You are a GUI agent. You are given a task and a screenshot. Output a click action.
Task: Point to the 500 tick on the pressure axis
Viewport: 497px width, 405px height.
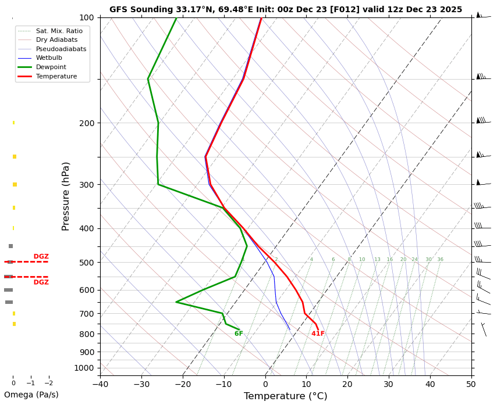[86, 263]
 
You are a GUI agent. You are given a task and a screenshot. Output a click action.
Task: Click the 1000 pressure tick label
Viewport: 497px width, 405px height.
[84, 368]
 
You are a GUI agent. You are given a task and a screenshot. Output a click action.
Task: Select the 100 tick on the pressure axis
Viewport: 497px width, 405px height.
[86, 17]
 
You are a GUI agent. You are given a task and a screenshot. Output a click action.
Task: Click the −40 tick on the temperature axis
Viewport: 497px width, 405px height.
[100, 384]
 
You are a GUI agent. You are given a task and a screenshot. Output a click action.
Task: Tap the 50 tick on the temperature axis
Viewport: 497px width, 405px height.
[471, 384]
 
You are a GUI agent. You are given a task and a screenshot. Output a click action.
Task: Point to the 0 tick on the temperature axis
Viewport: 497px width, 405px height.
[265, 384]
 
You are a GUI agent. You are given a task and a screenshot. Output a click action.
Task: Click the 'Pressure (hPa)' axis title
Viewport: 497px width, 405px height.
[66, 196]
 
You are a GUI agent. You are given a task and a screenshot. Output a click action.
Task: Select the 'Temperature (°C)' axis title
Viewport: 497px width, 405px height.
[285, 396]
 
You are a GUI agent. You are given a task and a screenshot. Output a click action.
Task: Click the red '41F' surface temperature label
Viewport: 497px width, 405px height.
[318, 334]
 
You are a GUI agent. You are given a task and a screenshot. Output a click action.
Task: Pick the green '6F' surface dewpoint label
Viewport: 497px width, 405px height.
[239, 334]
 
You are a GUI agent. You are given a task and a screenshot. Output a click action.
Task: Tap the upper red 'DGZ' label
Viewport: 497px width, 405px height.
[41, 256]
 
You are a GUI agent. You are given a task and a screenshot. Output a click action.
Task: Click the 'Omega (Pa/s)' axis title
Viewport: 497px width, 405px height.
[31, 395]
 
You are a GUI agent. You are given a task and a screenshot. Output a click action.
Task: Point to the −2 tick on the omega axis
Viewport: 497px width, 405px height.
[48, 384]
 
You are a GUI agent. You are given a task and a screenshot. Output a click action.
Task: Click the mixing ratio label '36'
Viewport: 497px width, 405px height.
[440, 260]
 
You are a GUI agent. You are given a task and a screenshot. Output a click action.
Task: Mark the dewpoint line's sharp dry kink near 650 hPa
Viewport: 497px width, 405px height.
[176, 302]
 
